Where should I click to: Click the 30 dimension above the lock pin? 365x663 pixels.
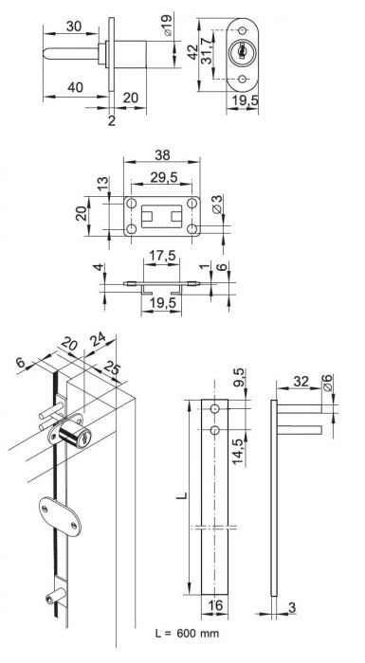[x=74, y=27]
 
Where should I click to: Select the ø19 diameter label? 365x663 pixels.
[x=168, y=26]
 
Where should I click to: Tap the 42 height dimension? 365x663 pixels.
[x=192, y=52]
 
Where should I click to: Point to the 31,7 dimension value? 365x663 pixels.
[x=207, y=51]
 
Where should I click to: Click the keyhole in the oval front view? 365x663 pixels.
[x=242, y=52]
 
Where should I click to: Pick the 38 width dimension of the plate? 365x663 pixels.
[x=162, y=155]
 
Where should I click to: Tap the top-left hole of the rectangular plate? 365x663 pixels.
[x=132, y=204]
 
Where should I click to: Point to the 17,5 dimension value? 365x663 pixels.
[x=161, y=256]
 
